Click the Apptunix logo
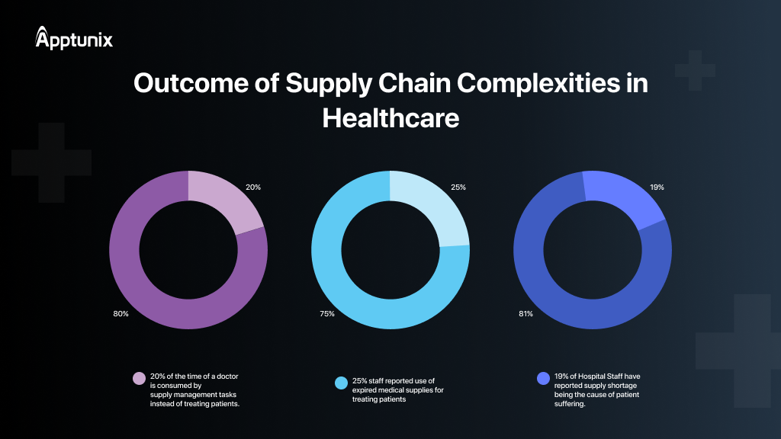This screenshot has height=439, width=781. (x=74, y=38)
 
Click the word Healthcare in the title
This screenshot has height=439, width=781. (x=390, y=118)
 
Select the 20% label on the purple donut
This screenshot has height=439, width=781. (x=253, y=187)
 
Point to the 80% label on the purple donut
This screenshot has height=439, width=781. (x=121, y=314)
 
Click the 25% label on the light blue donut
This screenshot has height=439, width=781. (x=458, y=187)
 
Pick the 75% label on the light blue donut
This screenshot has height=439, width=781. (x=326, y=314)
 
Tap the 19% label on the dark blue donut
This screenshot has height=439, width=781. (x=657, y=187)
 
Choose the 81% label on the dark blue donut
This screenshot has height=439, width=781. (x=525, y=314)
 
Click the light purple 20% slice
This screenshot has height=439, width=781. (x=224, y=198)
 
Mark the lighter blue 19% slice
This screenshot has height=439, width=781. (x=625, y=197)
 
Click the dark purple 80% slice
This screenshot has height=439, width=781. (x=153, y=290)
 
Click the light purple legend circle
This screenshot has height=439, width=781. (x=139, y=378)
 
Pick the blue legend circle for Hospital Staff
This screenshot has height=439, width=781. (x=543, y=378)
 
